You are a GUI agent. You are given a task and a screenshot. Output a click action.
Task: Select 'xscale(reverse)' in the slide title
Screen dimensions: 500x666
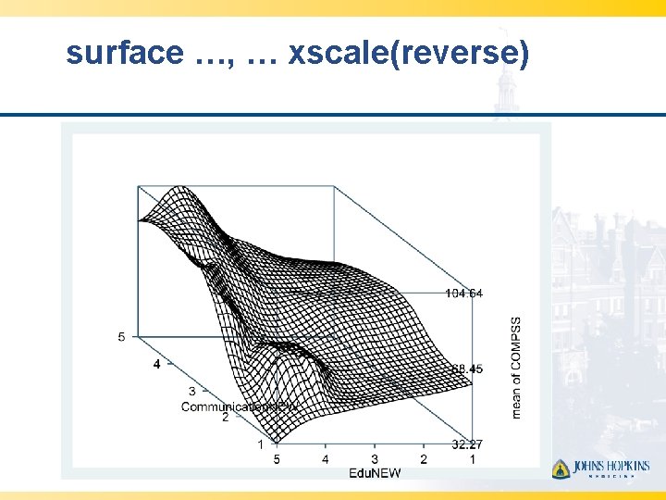point(409,54)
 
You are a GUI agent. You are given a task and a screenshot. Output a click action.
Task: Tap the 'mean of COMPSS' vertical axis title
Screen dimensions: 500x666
point(515,368)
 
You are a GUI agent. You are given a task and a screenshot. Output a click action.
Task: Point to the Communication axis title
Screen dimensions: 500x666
point(239,406)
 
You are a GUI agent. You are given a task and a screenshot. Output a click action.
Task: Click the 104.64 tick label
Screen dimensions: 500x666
point(463,294)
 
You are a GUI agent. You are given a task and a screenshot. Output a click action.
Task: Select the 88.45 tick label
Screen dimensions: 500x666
point(466,369)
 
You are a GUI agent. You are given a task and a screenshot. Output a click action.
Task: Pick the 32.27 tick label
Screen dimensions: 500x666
point(466,444)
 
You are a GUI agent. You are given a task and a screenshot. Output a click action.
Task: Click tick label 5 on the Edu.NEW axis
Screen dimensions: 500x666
point(276,459)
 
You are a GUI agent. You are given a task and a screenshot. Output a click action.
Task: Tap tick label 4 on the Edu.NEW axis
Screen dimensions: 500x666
point(325,459)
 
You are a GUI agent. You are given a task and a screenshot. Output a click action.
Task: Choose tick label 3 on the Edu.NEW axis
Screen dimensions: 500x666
point(374,459)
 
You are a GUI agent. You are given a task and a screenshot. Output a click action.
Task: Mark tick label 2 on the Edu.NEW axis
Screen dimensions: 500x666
point(423,459)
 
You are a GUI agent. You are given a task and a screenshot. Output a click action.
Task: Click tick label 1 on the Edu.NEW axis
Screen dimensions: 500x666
point(472,459)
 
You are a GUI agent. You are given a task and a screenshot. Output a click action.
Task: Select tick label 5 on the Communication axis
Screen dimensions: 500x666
point(121,337)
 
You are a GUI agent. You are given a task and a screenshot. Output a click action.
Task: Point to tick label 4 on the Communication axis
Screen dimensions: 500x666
point(156,365)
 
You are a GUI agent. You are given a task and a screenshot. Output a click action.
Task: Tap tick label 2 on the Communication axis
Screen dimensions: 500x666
point(225,418)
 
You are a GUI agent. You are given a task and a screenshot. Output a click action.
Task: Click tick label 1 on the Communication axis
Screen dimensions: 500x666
point(260,444)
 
